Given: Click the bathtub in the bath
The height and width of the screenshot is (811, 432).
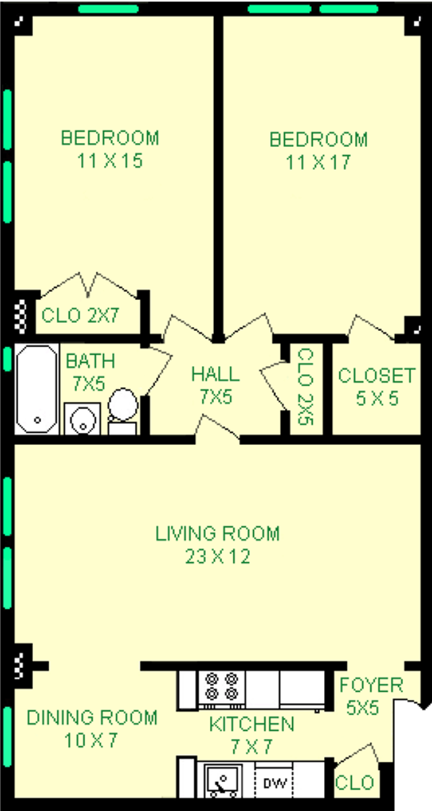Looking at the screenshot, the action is click(x=37, y=389).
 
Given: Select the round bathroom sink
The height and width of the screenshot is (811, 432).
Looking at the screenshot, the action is click(x=82, y=419).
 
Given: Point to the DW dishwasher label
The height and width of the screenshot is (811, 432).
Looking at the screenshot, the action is click(x=275, y=783).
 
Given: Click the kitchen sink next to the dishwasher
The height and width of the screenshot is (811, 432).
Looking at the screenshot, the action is click(x=223, y=779).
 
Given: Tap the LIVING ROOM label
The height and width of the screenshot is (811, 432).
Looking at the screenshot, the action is click(x=217, y=534).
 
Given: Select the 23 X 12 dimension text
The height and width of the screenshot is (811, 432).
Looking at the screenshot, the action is click(x=217, y=556).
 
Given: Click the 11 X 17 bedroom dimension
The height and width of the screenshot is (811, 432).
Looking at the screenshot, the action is click(x=318, y=162).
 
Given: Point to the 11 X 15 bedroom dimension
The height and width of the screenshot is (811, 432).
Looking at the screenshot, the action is click(x=110, y=160).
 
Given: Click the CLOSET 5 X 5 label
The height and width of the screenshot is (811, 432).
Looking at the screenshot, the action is click(x=377, y=387).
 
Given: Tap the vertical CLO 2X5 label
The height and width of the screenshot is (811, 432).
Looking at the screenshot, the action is click(x=306, y=386).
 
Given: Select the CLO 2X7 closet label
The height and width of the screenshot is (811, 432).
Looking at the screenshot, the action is click(x=80, y=316).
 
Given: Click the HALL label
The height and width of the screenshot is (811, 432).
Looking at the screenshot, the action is click(x=215, y=374).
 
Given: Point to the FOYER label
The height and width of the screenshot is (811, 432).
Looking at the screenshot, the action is click(x=371, y=685).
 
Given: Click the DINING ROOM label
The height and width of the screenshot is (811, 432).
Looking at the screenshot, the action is click(x=92, y=717).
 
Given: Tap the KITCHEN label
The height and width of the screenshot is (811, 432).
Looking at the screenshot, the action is click(x=252, y=724).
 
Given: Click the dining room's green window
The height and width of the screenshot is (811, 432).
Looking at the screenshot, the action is click(x=7, y=737).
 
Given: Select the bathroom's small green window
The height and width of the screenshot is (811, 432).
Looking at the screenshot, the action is click(x=7, y=359).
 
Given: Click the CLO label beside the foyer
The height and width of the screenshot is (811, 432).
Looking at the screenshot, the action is click(x=354, y=783).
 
